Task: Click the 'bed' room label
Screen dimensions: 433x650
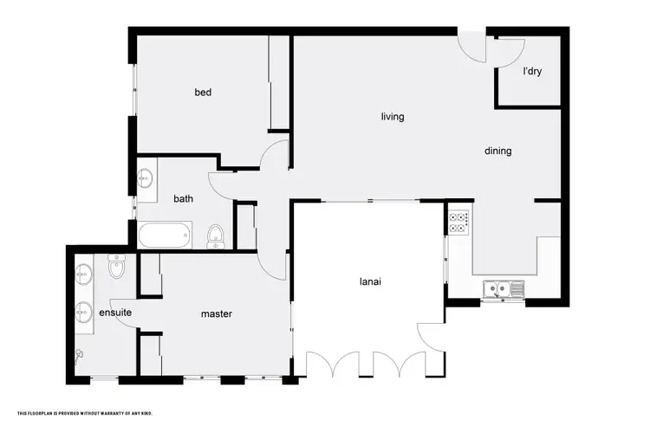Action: tap(203, 93)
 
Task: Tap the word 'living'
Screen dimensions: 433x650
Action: tap(393, 117)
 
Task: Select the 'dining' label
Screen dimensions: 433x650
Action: tap(497, 151)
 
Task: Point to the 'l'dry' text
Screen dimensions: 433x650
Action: tap(532, 72)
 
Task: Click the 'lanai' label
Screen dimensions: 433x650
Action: tap(372, 281)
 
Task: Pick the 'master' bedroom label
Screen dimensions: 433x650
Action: tap(217, 314)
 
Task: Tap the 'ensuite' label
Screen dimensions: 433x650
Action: tap(114, 313)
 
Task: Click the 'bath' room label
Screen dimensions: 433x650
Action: tap(183, 198)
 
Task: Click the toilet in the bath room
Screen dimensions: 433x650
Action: tap(216, 234)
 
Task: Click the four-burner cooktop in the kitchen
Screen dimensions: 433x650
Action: tap(458, 223)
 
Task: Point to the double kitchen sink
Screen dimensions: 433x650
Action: tap(500, 290)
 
